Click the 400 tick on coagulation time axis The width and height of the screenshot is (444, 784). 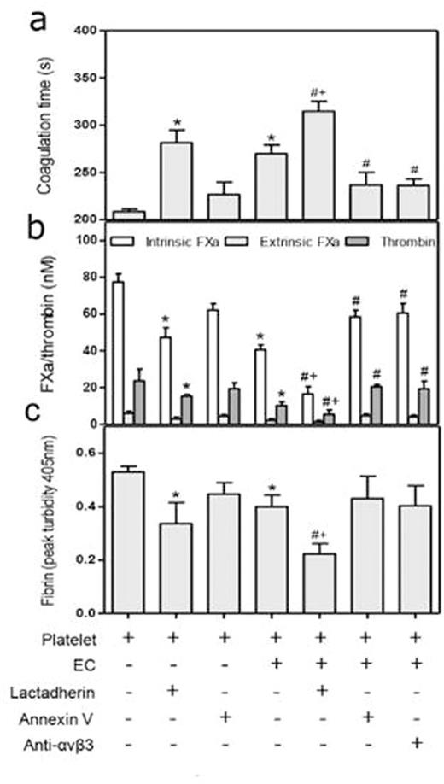tap(84, 30)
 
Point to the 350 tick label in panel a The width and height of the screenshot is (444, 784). tap(84, 78)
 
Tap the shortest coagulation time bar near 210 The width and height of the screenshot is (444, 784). tap(128, 215)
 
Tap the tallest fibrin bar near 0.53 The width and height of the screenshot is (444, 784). tap(128, 542)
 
